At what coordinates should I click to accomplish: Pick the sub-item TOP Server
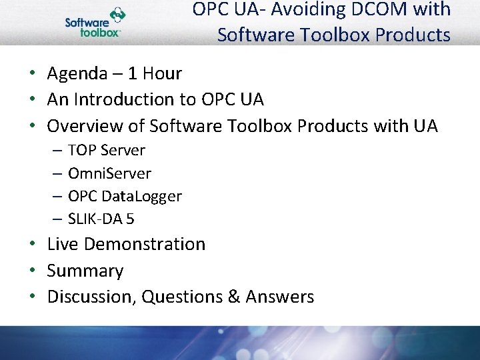click(106, 150)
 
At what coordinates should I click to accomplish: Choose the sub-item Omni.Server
click(109, 173)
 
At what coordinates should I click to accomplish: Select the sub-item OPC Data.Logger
click(125, 196)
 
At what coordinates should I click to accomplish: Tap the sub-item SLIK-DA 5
click(101, 219)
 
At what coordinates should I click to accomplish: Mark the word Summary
click(85, 271)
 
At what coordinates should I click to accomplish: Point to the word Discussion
click(91, 297)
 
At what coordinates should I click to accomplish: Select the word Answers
click(280, 297)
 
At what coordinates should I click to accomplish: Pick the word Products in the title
click(413, 34)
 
